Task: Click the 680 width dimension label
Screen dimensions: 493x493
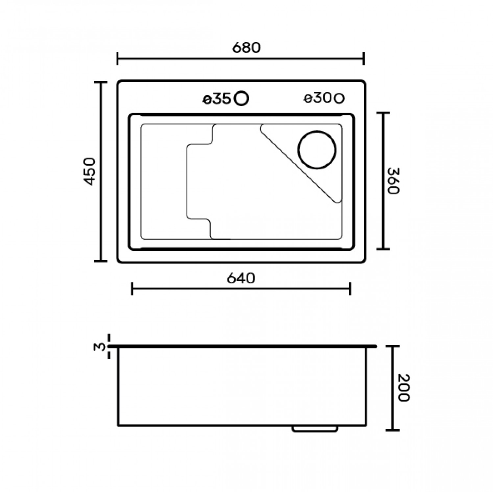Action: pyautogui.click(x=246, y=48)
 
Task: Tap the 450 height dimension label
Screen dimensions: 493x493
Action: pyautogui.click(x=89, y=172)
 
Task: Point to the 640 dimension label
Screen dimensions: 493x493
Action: pyautogui.click(x=241, y=278)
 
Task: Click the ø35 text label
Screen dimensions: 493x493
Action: pyautogui.click(x=217, y=99)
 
